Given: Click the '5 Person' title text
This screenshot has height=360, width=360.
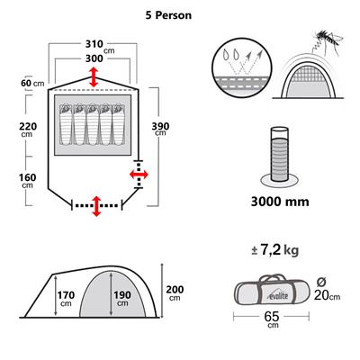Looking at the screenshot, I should click(180, 15).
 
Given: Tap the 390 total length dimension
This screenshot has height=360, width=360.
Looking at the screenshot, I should click(161, 127).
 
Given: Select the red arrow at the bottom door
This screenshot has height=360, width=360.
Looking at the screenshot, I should click(96, 204).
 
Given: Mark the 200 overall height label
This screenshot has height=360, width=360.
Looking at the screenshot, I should click(175, 292).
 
